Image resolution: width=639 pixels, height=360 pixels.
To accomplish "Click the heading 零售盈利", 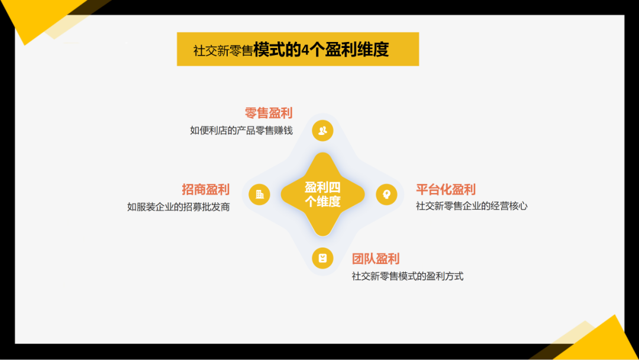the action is pos(269,113).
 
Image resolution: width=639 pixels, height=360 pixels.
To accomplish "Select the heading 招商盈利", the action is pos(206,189).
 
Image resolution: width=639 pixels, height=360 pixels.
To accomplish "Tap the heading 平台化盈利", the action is pos(446,189).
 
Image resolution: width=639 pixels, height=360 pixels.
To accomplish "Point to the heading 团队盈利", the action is pos(376,259).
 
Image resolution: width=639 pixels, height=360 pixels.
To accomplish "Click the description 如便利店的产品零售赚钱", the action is pos(241,130).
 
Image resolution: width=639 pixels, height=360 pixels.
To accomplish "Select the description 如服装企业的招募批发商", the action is pos(179,207).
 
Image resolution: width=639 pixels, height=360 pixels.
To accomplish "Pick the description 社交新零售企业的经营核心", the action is pos(472,206).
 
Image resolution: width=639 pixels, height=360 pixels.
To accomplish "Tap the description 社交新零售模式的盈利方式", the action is pos(408,277).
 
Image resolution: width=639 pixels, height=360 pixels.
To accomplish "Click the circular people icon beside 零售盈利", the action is pos(323,130).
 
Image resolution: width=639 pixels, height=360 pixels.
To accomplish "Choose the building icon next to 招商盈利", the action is pos(259,194).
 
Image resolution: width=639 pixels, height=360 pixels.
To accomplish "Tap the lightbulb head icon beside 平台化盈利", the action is pos(387,194).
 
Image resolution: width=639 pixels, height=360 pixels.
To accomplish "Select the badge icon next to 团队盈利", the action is pos(323,258).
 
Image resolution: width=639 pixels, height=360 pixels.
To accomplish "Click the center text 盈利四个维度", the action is pos(323,194).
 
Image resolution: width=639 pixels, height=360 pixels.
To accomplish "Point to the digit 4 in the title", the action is pos(305,50).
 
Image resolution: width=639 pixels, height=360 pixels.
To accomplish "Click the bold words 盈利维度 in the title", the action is pos(356,49).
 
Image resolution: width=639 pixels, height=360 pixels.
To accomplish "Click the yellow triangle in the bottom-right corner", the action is pos(603,343).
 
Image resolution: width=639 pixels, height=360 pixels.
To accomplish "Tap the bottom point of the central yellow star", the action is pos(323,236).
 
